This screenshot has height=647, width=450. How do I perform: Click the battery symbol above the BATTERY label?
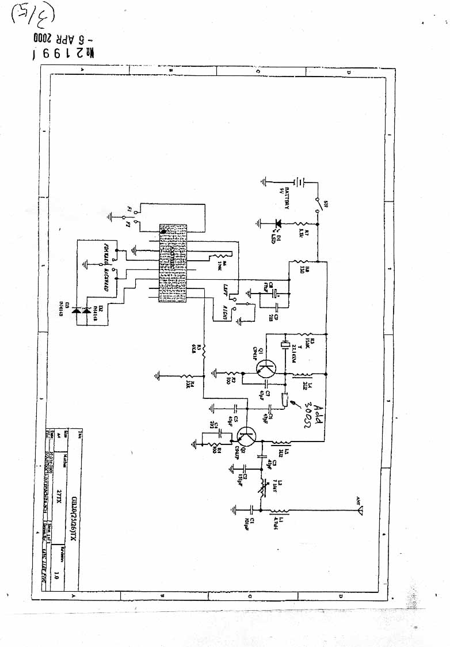300,182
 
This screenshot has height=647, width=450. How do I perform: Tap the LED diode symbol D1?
279,223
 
